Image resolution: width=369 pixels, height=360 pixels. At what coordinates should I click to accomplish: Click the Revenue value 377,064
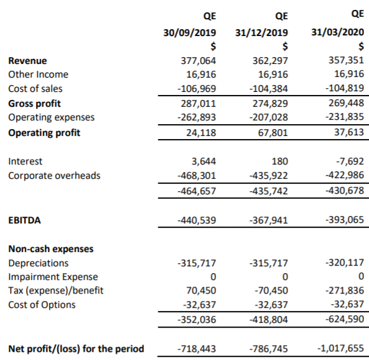[x=198, y=61]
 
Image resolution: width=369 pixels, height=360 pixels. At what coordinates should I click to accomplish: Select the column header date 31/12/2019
[x=262, y=32]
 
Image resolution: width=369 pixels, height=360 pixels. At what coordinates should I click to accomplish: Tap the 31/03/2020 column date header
[x=338, y=32]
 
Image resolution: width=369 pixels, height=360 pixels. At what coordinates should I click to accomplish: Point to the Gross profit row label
[x=34, y=104]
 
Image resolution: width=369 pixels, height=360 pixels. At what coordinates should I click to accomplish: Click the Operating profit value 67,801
[x=273, y=133]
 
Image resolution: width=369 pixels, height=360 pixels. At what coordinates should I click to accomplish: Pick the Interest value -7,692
[x=350, y=161]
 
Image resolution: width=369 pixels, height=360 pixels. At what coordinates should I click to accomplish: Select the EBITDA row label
[x=24, y=220]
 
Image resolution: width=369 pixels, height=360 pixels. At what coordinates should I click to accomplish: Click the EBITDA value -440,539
[x=197, y=220]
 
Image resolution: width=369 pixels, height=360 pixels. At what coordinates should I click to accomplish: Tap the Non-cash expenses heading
[x=51, y=249]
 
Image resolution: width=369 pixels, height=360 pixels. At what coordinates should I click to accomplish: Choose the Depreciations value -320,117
[x=345, y=263]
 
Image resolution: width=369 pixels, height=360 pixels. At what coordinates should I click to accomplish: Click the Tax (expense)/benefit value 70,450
[x=201, y=290]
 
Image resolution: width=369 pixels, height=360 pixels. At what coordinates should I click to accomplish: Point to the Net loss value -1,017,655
[x=340, y=348]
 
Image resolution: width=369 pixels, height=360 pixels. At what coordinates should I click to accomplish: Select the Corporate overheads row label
[x=54, y=176]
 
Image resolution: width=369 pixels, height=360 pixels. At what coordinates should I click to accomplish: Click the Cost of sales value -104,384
[x=268, y=89]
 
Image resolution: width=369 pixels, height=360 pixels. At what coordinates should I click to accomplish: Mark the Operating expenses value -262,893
[x=197, y=117]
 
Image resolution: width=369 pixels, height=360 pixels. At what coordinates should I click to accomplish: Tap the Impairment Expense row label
[x=53, y=277]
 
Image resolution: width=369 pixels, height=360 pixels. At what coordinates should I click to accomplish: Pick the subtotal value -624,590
[x=345, y=319]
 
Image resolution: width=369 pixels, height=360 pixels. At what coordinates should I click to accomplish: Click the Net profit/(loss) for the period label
[x=76, y=349]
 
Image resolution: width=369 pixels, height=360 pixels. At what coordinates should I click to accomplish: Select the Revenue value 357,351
[x=347, y=60]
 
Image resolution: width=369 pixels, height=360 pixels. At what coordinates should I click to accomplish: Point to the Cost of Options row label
[x=42, y=305]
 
